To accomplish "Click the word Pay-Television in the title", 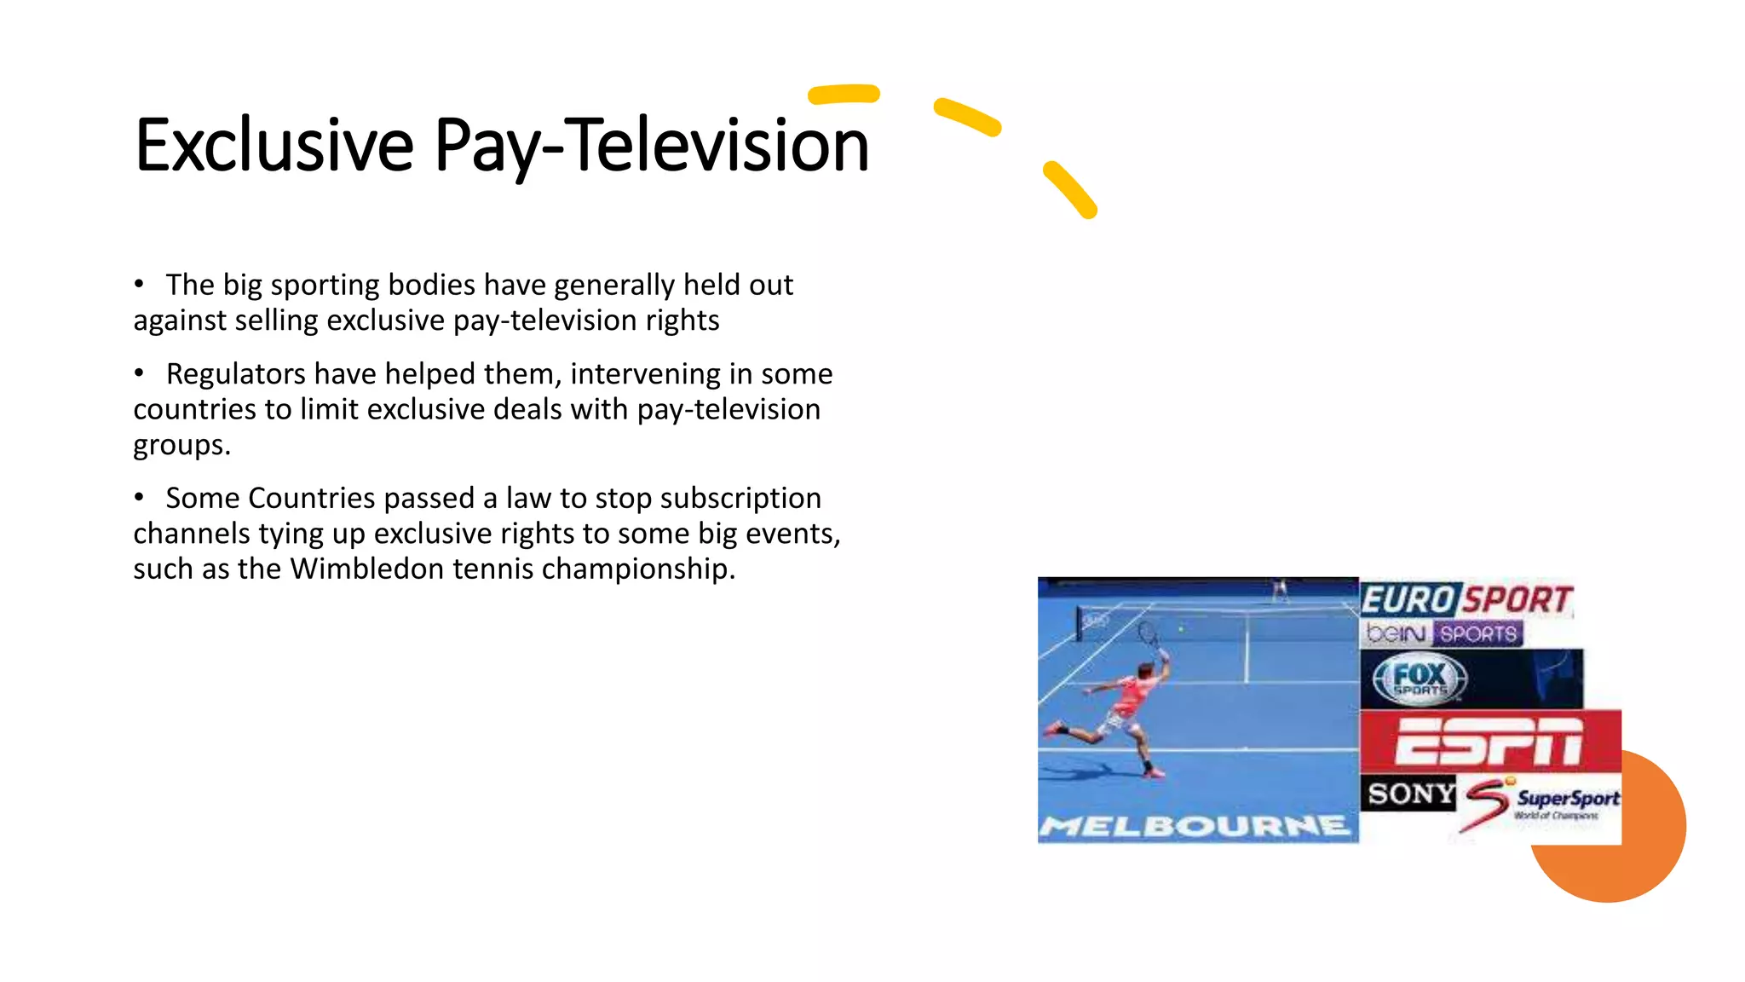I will coord(652,147).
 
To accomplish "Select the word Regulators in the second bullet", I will coord(235,374).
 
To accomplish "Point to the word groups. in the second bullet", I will coord(181,445).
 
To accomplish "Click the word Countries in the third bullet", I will coord(311,498).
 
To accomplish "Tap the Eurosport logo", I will coord(1466,599).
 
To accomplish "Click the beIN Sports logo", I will coord(1443,633).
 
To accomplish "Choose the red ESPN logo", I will coord(1489,740).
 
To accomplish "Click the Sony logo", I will coord(1410,794).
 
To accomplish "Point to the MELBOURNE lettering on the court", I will coord(1195,826).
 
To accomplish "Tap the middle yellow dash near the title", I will coord(967,117).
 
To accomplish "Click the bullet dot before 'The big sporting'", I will coord(139,285).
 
